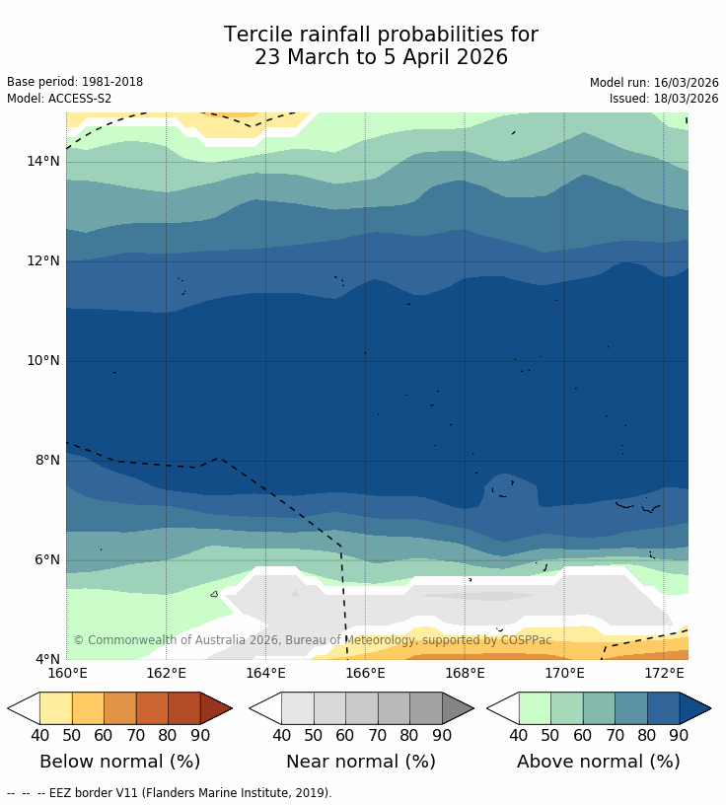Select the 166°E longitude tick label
point(365,674)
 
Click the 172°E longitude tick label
point(664,674)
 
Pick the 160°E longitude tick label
point(66,674)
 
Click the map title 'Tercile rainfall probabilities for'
point(381,36)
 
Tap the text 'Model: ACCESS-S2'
point(59,99)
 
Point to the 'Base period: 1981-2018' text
point(75,83)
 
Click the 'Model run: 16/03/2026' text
point(654,83)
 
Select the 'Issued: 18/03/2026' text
point(664,99)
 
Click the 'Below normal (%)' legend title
point(119,762)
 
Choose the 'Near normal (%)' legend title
point(361,762)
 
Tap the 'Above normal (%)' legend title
point(599,762)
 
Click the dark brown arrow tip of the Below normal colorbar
point(215,708)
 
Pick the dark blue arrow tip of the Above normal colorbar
point(694,708)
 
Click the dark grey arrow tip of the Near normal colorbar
point(457,708)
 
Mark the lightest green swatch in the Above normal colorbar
point(535,708)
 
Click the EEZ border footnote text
point(169,793)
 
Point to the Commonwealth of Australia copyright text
point(313,640)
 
